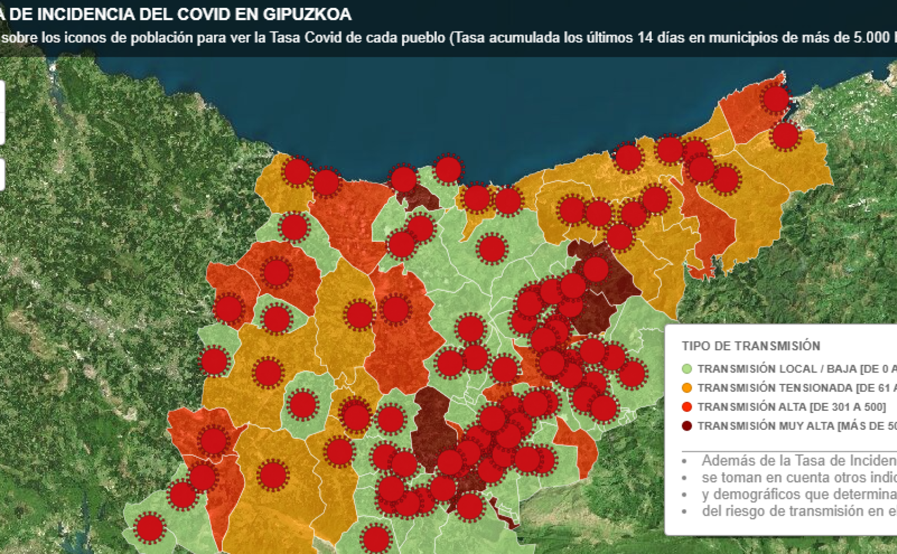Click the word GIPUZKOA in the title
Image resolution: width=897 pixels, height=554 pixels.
pyautogui.click(x=307, y=14)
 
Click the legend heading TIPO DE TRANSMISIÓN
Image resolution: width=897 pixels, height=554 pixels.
pyautogui.click(x=751, y=346)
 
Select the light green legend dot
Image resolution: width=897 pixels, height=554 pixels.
pyautogui.click(x=686, y=369)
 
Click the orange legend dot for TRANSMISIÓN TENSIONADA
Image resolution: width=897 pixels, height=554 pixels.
pyautogui.click(x=686, y=388)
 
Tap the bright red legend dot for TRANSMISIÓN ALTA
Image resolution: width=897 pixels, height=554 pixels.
pyautogui.click(x=686, y=406)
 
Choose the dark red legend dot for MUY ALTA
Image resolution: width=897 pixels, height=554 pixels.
pyautogui.click(x=686, y=426)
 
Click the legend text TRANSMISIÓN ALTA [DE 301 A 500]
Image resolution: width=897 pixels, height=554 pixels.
pyautogui.click(x=791, y=406)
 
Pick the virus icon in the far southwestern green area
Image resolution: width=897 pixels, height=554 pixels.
pyautogui.click(x=149, y=528)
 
